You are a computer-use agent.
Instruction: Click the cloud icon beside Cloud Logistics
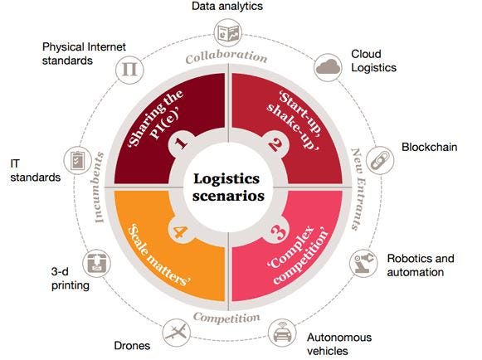(x=329, y=67)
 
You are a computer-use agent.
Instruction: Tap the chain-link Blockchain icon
(x=380, y=160)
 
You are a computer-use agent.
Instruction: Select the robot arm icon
(x=364, y=263)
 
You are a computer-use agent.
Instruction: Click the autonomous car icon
(x=282, y=333)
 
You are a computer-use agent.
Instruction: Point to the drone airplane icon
(x=176, y=333)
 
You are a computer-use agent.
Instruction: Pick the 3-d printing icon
(x=96, y=263)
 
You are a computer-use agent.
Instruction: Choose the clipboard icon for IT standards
(x=77, y=160)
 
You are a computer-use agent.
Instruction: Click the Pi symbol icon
(x=129, y=70)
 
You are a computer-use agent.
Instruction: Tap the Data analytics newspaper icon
(x=228, y=33)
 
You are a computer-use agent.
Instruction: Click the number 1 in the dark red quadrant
(x=181, y=143)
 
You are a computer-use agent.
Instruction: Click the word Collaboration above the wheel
(x=226, y=57)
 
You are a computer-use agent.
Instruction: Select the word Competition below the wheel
(x=226, y=318)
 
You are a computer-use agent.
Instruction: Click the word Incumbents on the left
(x=99, y=187)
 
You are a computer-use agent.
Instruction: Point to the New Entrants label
(x=358, y=189)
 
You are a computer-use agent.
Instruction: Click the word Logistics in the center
(x=226, y=179)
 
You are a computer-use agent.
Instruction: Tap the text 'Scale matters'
(x=158, y=255)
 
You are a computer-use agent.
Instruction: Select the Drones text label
(x=132, y=346)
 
